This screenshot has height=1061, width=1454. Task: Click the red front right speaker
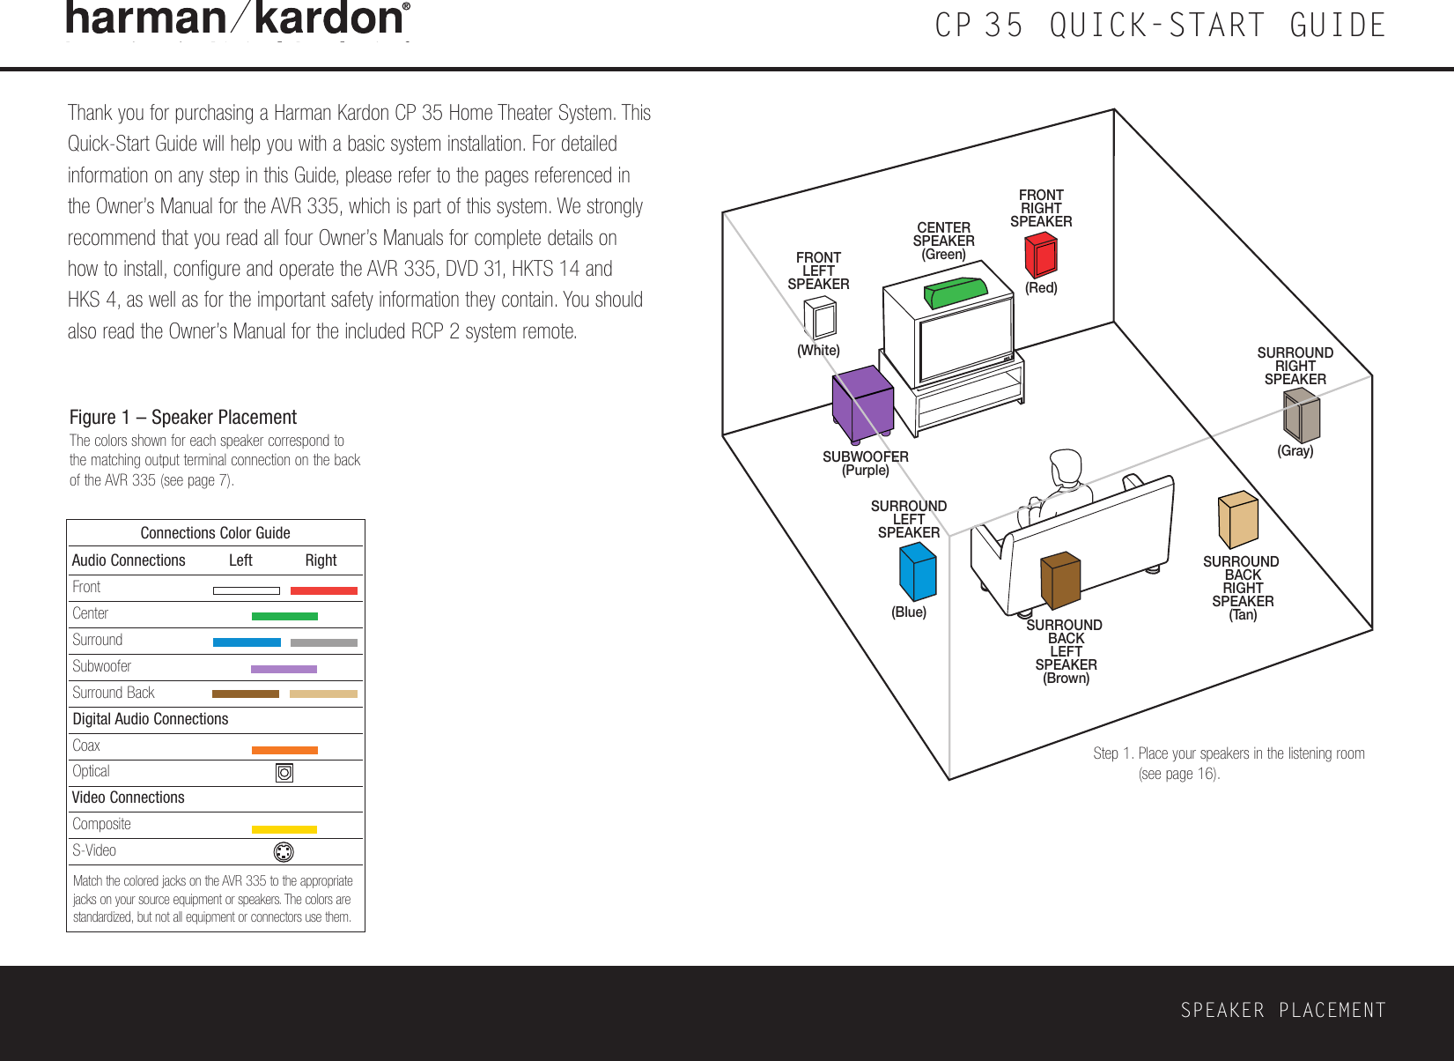pyautogui.click(x=1041, y=255)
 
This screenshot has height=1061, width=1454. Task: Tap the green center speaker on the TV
pyautogui.click(x=956, y=292)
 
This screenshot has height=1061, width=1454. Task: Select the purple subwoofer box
pyautogui.click(x=863, y=404)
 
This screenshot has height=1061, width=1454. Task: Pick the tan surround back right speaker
pyautogui.click(x=1237, y=519)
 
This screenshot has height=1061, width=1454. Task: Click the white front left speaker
pyautogui.click(x=820, y=318)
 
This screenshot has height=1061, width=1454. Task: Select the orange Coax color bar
pyautogui.click(x=284, y=751)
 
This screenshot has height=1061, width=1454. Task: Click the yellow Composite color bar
pyautogui.click(x=284, y=829)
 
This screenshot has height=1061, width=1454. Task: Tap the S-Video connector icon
pyautogui.click(x=284, y=852)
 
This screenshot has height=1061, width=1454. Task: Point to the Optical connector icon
pyautogui.click(x=284, y=773)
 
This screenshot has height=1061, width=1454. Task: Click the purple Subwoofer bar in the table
pyautogui.click(x=284, y=669)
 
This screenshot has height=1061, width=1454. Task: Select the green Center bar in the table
pyautogui.click(x=284, y=616)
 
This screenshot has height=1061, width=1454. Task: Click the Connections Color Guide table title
pyautogui.click(x=215, y=533)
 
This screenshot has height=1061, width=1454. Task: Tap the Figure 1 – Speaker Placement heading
pyautogui.click(x=183, y=417)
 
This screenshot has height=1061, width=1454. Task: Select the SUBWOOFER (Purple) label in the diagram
pyautogui.click(x=866, y=464)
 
